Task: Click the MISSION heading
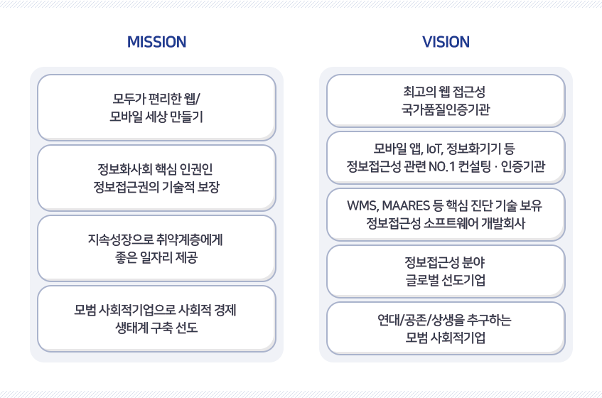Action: [x=156, y=42]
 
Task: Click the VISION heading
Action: [x=446, y=42]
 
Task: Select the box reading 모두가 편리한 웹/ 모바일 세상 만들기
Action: [x=156, y=107]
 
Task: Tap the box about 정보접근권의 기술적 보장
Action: [x=156, y=178]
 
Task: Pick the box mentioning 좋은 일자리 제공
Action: [x=156, y=248]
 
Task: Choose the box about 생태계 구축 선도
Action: [x=156, y=318]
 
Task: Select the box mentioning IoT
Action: [x=446, y=157]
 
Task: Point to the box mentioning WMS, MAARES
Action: [x=446, y=214]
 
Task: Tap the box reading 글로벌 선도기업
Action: [x=446, y=271]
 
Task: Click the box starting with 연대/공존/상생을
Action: [x=446, y=328]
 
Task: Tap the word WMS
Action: [x=362, y=206]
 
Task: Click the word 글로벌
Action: [x=411, y=280]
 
